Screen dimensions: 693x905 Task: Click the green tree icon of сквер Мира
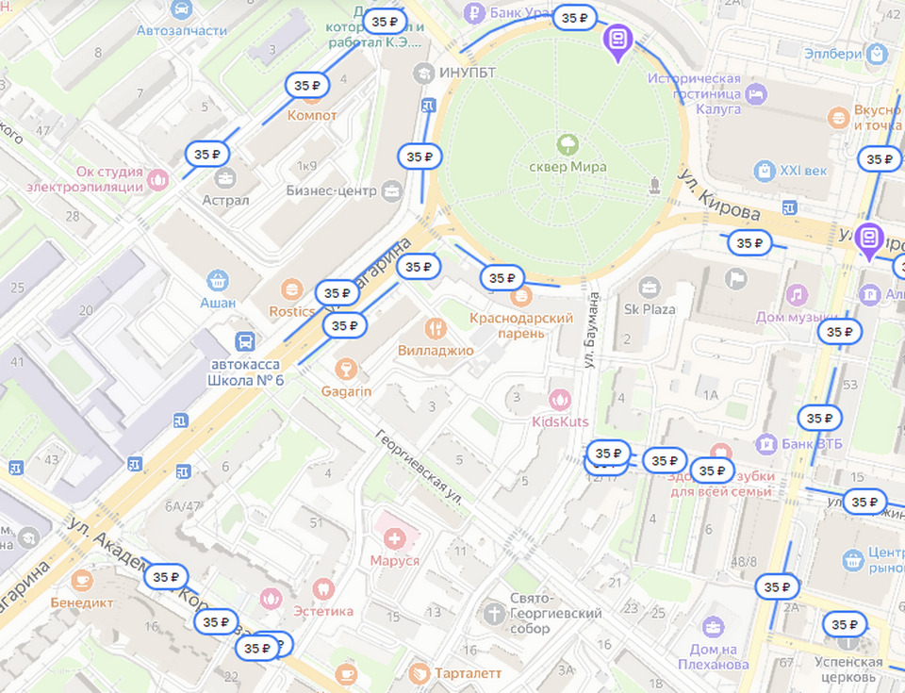(x=568, y=144)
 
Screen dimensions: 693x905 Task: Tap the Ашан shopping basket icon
(x=218, y=279)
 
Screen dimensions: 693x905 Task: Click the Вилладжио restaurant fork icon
(x=435, y=328)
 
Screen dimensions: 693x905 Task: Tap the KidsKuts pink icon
(x=560, y=400)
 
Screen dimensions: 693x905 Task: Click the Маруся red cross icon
(x=394, y=538)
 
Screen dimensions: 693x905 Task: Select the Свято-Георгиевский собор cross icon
(x=493, y=614)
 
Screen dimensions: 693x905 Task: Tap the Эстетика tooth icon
(x=324, y=589)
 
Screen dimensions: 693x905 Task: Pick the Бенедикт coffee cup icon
(x=82, y=579)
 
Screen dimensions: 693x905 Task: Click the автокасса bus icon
(x=246, y=341)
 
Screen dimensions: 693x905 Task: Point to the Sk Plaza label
(x=650, y=308)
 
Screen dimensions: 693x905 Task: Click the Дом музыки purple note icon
(x=797, y=295)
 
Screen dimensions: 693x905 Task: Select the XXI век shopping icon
(x=765, y=171)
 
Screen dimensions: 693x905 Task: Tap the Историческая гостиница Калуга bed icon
(x=755, y=93)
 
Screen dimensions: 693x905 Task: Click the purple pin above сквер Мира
(x=617, y=41)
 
